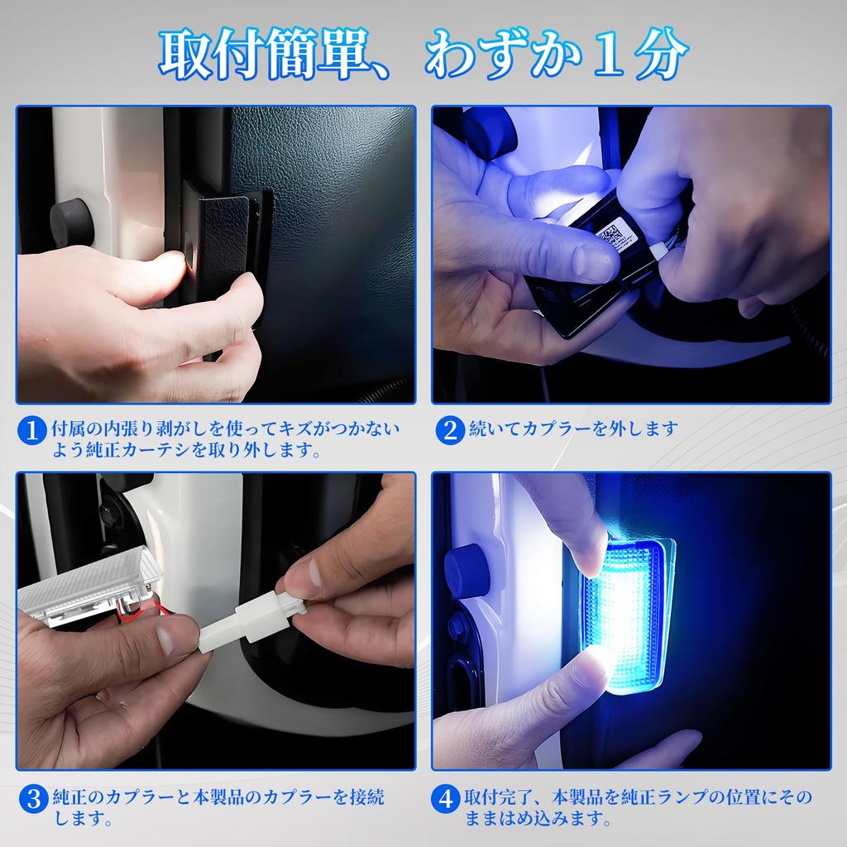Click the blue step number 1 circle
(31, 430)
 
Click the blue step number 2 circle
(450, 430)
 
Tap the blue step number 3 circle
(33, 799)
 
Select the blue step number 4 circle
(445, 799)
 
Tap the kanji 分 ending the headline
(661, 54)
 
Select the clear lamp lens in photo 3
(89, 589)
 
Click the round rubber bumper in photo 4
(466, 571)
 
